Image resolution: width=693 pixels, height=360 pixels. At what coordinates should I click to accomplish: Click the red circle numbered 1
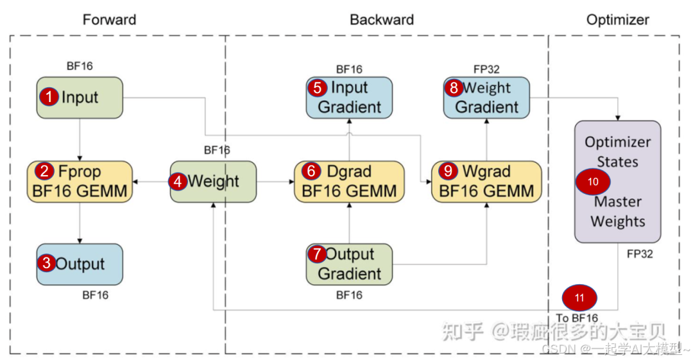tap(49, 97)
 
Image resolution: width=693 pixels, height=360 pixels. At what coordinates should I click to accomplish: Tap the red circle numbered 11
tap(579, 298)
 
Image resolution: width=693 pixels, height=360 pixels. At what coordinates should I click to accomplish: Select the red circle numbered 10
tap(593, 182)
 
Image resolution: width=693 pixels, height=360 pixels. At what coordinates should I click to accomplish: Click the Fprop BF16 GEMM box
tap(80, 181)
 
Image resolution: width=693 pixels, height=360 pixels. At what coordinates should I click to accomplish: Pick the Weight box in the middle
tap(213, 182)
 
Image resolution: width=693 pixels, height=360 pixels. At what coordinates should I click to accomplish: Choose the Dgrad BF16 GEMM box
tap(349, 181)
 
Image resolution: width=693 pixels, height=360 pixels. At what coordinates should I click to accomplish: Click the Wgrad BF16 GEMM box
tap(486, 181)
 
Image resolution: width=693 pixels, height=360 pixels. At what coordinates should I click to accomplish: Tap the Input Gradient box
tap(349, 98)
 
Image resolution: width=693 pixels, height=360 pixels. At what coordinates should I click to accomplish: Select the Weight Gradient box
tap(486, 98)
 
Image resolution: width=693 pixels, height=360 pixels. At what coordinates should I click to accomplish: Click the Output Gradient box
tap(349, 264)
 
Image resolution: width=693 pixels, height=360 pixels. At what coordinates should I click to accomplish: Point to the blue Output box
tap(80, 264)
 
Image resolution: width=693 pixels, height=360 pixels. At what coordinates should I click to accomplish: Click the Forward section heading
tap(109, 20)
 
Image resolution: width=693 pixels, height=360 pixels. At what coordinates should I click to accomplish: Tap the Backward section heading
tap(381, 20)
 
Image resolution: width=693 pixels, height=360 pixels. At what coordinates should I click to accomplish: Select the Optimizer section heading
tap(617, 20)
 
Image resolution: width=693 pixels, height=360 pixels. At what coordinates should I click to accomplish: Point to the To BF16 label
tap(576, 318)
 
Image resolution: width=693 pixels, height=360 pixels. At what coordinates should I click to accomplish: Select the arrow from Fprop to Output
tap(80, 222)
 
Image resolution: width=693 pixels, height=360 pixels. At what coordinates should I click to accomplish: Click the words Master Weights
tap(617, 212)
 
